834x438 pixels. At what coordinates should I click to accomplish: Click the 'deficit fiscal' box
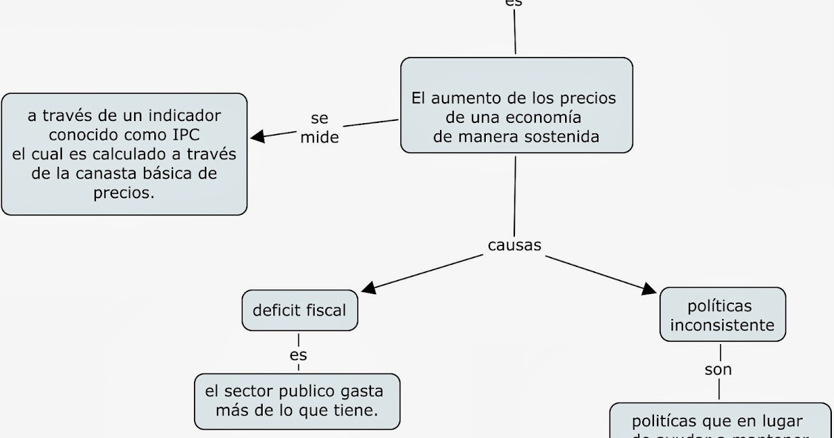point(299,310)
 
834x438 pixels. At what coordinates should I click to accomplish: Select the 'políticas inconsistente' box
point(722,315)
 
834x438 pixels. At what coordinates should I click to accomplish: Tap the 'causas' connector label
point(514,245)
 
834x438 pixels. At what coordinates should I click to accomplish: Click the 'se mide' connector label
point(320,128)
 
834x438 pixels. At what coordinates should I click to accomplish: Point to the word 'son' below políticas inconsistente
point(719,370)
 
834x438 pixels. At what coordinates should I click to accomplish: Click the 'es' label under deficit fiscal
point(298,355)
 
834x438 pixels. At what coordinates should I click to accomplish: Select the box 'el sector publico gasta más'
point(297,400)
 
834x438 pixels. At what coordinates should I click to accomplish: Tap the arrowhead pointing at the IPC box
point(257,136)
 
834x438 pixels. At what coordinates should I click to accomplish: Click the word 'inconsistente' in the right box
point(722,325)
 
